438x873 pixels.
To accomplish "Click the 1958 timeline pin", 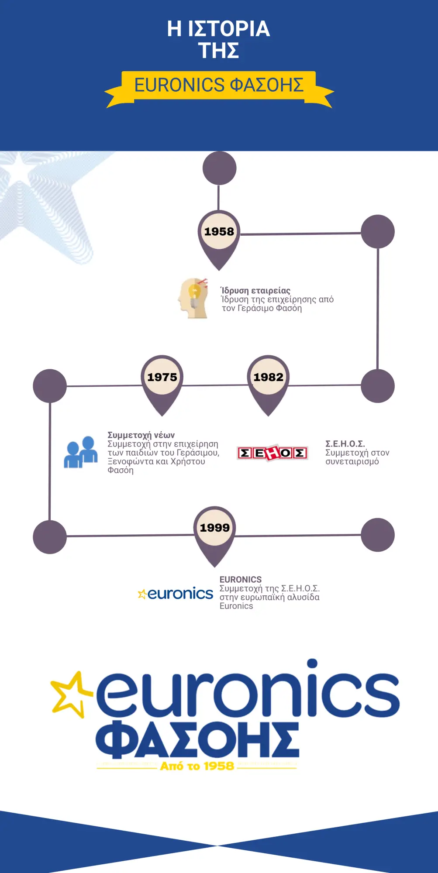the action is tap(219, 238).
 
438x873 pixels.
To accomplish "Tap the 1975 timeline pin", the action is tap(162, 383).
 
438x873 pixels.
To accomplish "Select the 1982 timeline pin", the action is tap(268, 383).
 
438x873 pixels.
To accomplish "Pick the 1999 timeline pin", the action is tap(214, 534).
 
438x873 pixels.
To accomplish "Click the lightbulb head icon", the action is tap(193, 298).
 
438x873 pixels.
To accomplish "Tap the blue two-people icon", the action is tap(81, 452).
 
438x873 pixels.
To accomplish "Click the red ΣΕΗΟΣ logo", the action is tap(272, 453).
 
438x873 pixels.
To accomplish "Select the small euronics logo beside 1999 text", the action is tap(175, 594).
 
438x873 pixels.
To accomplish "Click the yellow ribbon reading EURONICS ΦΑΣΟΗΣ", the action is tap(219, 89).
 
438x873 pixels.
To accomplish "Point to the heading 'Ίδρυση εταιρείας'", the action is tap(255, 290).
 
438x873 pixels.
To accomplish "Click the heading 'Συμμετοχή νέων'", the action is tap(141, 435).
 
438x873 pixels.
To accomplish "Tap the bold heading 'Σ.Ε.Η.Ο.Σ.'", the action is tap(345, 443).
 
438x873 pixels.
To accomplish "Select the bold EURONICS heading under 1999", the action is tap(241, 579).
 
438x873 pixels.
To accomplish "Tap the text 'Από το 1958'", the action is tap(197, 766).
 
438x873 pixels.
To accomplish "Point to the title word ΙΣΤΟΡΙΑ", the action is tap(229, 28).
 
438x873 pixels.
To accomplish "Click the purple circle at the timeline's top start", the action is tap(219, 168).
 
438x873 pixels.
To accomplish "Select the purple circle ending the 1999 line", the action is tap(378, 535).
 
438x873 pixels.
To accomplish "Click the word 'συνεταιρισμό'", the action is tap(352, 462).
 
